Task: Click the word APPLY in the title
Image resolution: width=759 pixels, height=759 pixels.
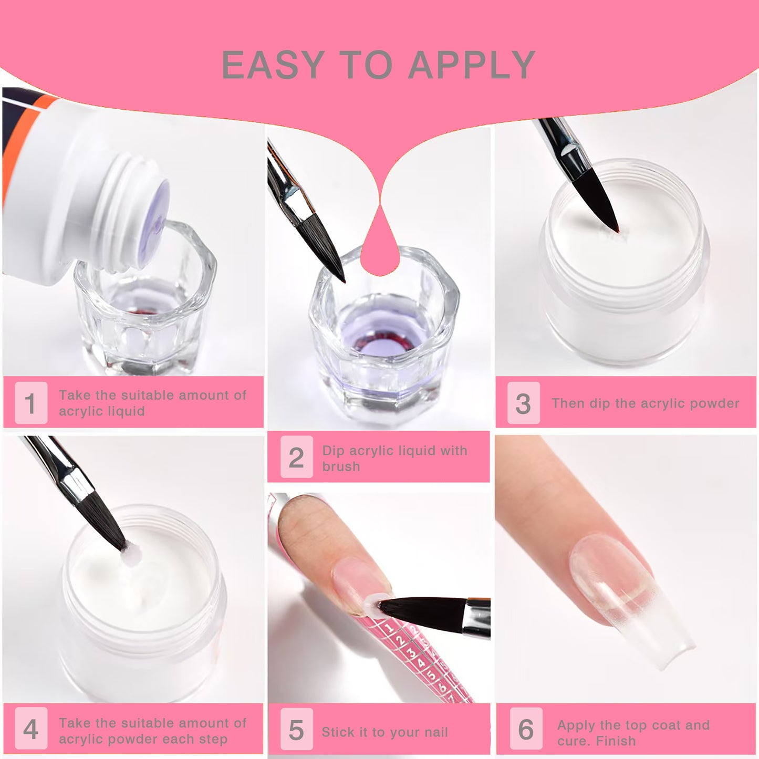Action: click(x=472, y=65)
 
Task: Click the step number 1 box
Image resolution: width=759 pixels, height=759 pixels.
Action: click(x=31, y=402)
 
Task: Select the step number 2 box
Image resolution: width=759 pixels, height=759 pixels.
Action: click(x=297, y=457)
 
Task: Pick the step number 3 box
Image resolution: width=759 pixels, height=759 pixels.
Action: click(x=524, y=402)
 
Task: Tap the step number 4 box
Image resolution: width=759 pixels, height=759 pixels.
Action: click(x=31, y=729)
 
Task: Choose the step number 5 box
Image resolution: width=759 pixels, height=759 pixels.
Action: click(x=297, y=729)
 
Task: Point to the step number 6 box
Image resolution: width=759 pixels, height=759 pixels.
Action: click(x=526, y=729)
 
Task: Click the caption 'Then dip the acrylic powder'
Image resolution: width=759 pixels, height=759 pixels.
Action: click(x=645, y=403)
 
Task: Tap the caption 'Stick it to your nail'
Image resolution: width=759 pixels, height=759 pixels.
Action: click(x=385, y=732)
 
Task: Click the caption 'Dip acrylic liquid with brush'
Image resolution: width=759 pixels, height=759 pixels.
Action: click(x=394, y=458)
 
